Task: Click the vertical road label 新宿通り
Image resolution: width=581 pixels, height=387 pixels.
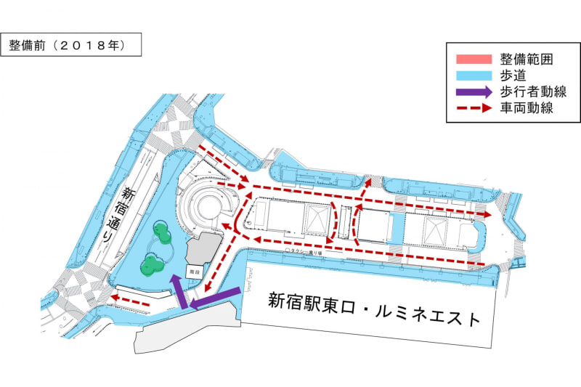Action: pos(128,215)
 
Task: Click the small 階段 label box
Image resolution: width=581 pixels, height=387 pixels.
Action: pos(192,270)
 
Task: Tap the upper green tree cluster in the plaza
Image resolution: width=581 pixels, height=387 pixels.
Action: pos(162,234)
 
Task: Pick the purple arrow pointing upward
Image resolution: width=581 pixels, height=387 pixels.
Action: pos(176,289)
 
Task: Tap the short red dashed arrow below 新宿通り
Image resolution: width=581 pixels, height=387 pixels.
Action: pos(131,299)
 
